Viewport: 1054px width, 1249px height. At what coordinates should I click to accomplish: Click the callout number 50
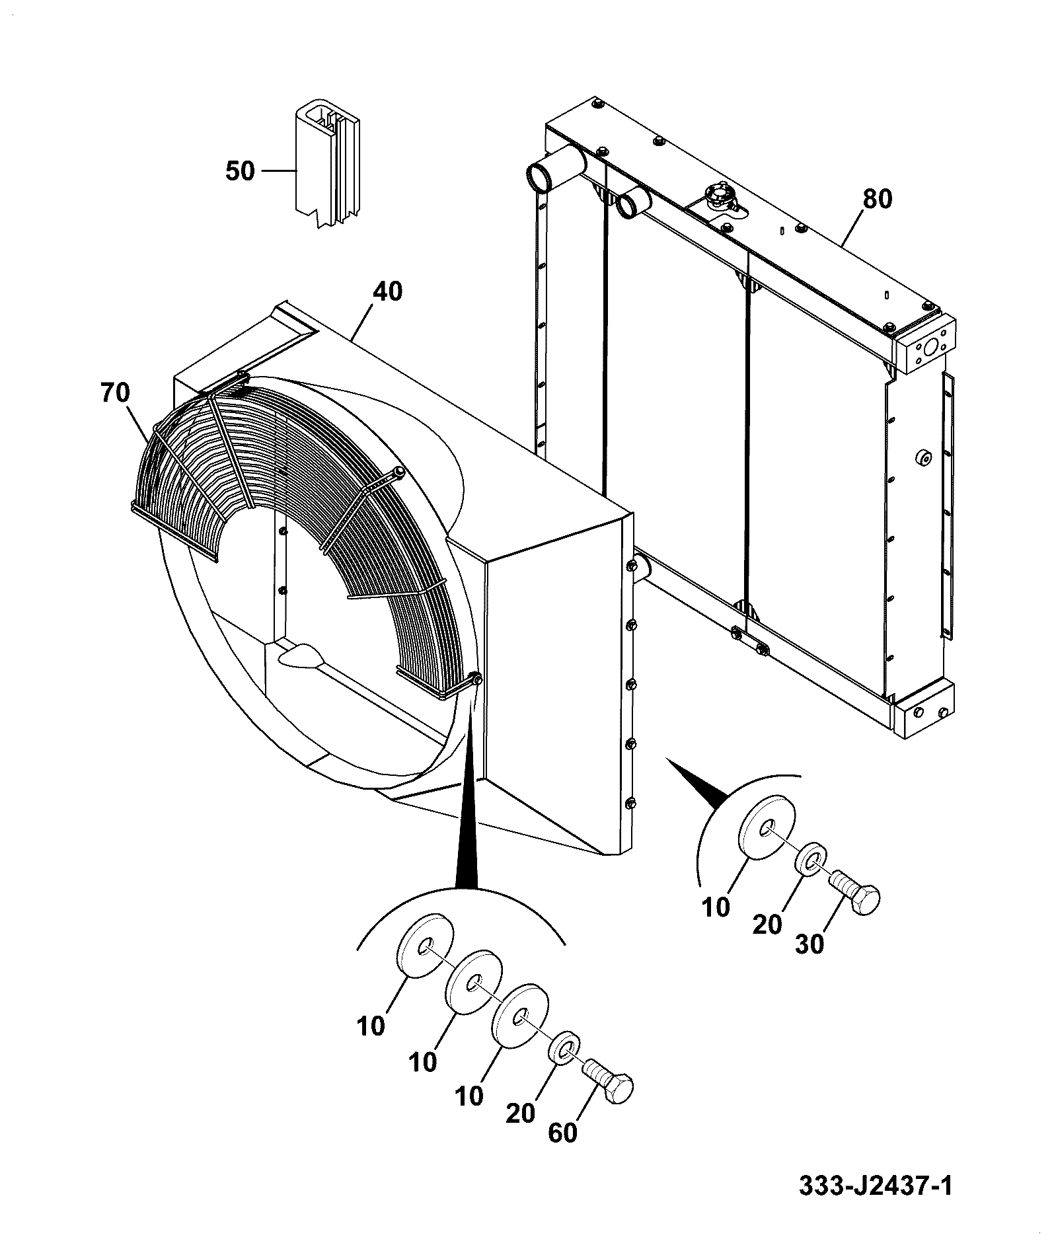(x=240, y=171)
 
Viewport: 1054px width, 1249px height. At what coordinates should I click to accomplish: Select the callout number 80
(x=877, y=200)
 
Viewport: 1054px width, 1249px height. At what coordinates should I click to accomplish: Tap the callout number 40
(x=387, y=291)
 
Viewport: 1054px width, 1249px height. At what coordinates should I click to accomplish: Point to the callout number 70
(x=116, y=393)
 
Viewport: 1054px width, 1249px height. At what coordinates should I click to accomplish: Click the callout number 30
(x=809, y=944)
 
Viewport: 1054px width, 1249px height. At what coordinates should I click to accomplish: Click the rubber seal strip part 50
(x=326, y=165)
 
